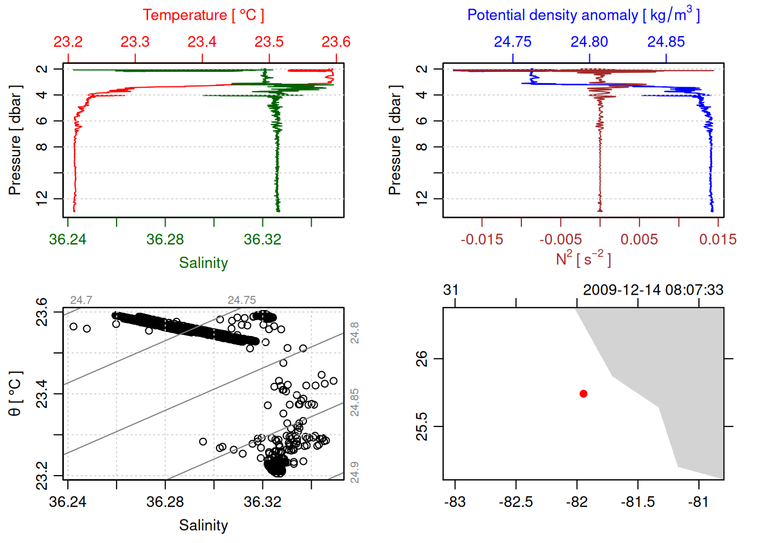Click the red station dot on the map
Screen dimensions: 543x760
point(583,394)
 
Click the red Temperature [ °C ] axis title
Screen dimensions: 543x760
point(203,15)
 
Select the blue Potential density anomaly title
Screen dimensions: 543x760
point(583,15)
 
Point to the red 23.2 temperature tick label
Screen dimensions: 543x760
point(68,42)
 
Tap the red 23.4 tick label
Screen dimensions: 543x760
point(202,42)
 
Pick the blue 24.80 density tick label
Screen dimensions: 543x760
point(589,42)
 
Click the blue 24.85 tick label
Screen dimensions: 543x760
point(666,42)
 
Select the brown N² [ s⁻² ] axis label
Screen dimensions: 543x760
point(583,258)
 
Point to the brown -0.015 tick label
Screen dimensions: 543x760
point(481,239)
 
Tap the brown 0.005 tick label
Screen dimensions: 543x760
point(639,239)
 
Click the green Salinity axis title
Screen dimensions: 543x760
point(203,263)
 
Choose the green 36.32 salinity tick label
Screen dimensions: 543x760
point(262,239)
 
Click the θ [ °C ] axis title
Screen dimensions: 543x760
point(15,394)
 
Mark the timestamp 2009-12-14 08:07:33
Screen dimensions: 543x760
point(653,290)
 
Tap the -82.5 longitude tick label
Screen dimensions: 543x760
point(516,502)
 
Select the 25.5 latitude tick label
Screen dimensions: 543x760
point(422,426)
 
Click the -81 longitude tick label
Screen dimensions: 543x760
point(699,502)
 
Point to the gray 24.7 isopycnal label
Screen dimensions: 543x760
point(81,300)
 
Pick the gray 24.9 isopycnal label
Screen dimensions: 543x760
point(355,472)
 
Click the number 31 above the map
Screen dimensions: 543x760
point(451,290)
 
